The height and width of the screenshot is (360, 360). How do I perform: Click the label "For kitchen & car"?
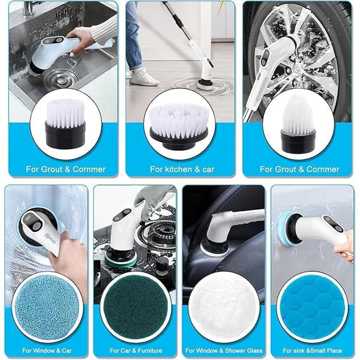pos(182,169)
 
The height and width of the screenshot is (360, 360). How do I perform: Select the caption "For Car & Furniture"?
pos(134,350)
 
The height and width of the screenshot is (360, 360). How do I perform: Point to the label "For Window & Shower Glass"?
pos(224,350)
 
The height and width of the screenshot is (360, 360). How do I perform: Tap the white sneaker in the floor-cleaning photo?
pos(145,76)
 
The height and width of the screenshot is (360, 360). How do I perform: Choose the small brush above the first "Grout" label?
pos(65,123)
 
